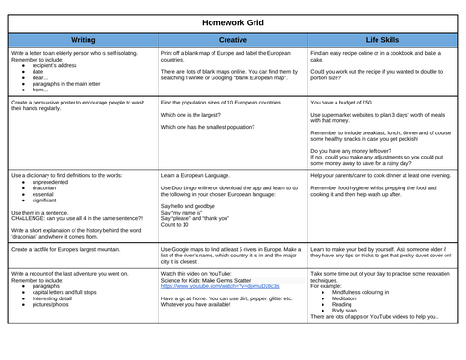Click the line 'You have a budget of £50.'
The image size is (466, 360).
349,103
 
